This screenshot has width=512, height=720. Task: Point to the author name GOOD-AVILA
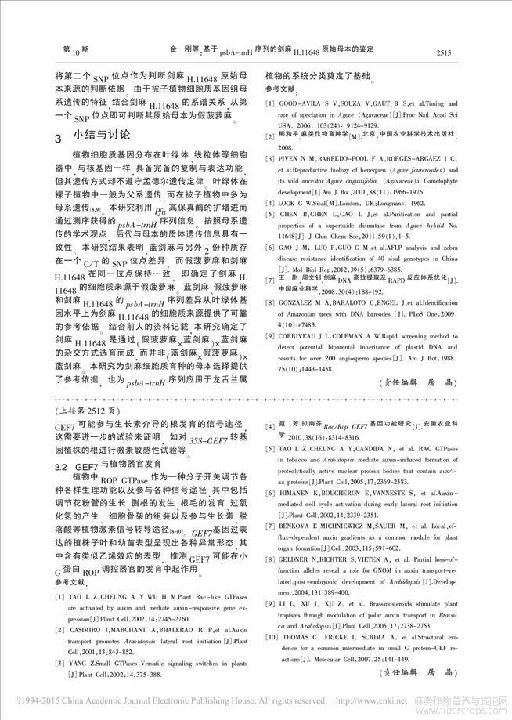click(305, 104)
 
